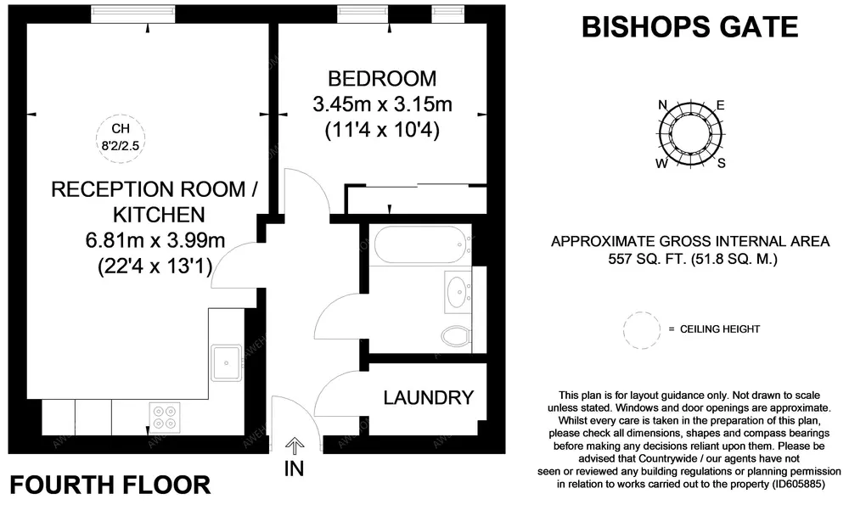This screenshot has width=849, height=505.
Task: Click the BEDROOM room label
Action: coord(382,79)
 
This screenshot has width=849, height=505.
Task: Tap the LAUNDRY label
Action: coord(428,398)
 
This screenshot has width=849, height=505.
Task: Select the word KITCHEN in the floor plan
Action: coord(160,215)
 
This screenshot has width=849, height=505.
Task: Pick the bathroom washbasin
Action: coord(458,292)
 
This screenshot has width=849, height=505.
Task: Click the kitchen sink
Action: coord(227,362)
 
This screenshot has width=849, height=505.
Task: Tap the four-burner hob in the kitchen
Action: coord(165,418)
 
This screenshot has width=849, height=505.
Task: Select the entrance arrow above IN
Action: coord(294,446)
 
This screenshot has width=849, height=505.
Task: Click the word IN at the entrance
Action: coord(294,469)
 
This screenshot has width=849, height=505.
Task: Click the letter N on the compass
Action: coord(662,105)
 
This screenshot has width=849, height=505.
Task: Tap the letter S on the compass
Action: coord(721,163)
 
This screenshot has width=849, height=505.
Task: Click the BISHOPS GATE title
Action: coord(690,27)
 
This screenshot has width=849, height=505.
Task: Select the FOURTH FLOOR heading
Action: coord(110,485)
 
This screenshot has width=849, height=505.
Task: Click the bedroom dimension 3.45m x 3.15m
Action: coord(382,104)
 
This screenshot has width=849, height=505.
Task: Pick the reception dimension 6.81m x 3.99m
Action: coord(155,240)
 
